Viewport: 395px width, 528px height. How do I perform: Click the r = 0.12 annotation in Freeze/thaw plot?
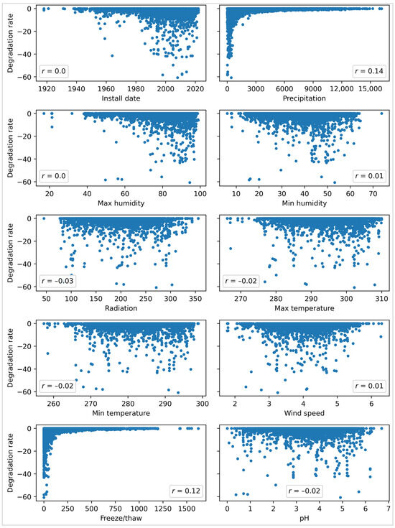[x=183, y=491]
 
